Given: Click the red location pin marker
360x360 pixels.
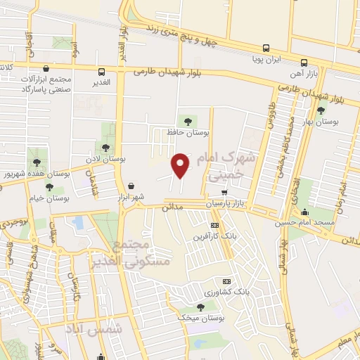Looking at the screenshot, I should [181, 166].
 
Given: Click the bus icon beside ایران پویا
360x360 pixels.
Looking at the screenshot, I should [266, 49].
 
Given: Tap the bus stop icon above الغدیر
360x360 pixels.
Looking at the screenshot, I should [102, 72].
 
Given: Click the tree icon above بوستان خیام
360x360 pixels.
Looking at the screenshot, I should [49, 186].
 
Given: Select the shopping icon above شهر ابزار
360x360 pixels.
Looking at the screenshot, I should [131, 186].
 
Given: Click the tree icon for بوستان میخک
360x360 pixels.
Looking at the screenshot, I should [200, 307].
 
